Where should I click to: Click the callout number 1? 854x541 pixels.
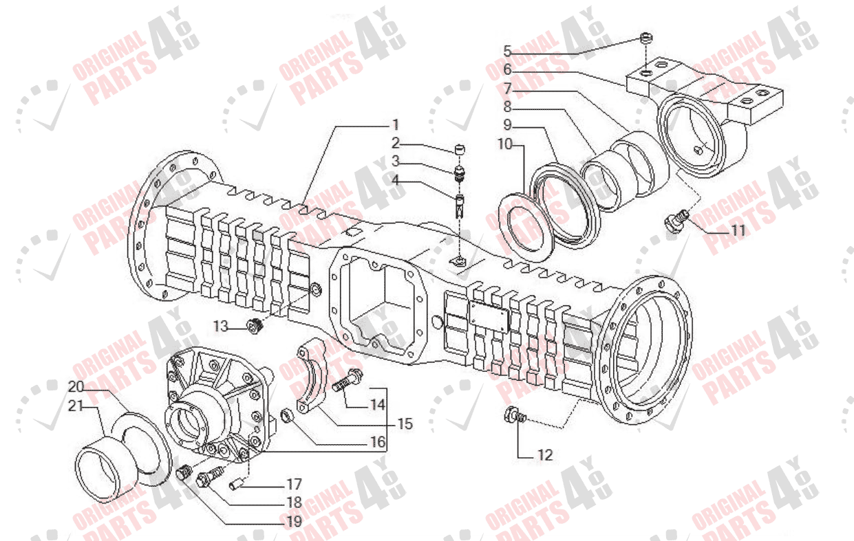(x=396, y=125)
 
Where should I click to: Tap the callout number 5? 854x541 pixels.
(x=508, y=51)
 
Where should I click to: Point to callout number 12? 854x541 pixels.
(x=544, y=454)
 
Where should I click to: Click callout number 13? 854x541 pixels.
(x=220, y=327)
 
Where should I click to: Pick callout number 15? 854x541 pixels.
(x=405, y=424)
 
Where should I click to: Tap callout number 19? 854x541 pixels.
(x=294, y=522)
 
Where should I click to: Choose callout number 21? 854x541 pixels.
(x=75, y=406)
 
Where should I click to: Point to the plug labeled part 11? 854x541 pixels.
(x=673, y=222)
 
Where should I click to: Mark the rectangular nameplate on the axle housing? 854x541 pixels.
(x=489, y=318)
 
